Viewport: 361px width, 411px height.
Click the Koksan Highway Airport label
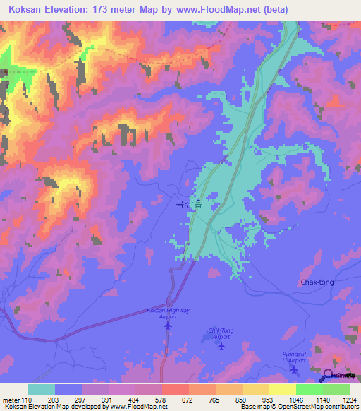167,314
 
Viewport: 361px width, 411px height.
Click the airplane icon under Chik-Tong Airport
221,345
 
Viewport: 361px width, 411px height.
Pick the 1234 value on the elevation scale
349,400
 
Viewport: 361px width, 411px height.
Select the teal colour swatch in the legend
42,389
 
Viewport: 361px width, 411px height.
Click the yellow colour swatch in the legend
282,389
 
